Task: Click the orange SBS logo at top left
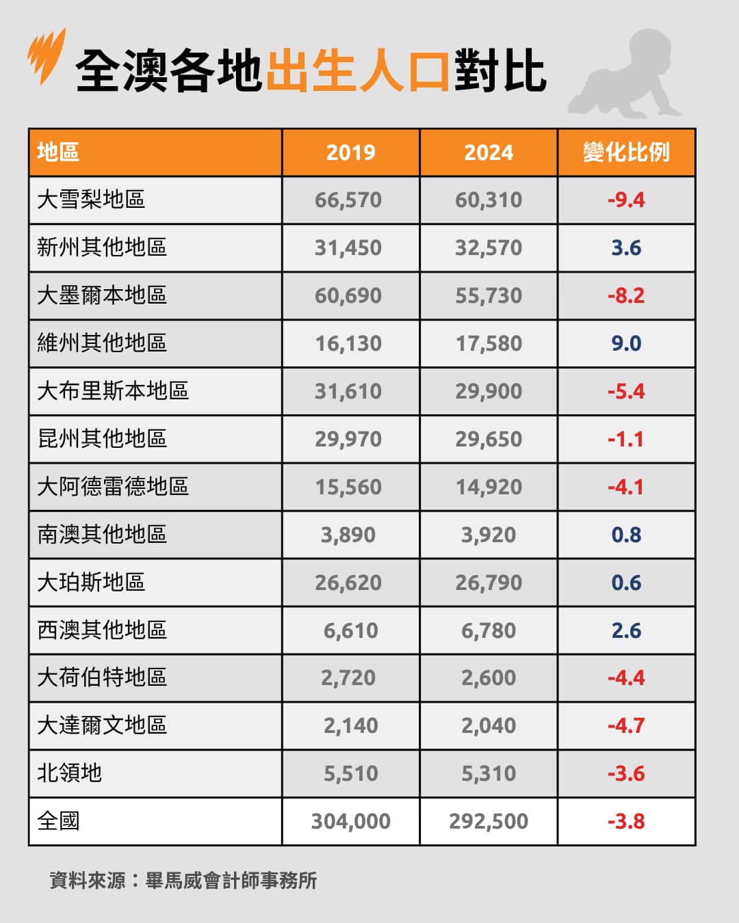[x=47, y=56]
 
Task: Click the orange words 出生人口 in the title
[x=357, y=70]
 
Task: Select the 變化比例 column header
[x=626, y=152]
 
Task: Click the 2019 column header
[x=350, y=152]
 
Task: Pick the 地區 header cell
[x=59, y=152]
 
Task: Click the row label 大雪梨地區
[x=91, y=200]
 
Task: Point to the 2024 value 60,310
[x=489, y=200]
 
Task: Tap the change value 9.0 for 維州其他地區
[x=626, y=343]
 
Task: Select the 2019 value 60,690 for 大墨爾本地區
[x=348, y=295]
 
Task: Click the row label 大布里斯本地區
[x=113, y=391]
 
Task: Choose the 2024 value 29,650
[x=489, y=439]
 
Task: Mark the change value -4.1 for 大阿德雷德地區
[x=626, y=487]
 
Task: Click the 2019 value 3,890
[x=348, y=535]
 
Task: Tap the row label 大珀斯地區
[x=91, y=583]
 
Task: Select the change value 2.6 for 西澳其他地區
[x=626, y=630]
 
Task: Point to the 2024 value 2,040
[x=489, y=725]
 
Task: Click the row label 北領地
[x=70, y=773]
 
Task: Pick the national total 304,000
[x=350, y=821]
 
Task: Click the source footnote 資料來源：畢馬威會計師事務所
[x=183, y=881]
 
